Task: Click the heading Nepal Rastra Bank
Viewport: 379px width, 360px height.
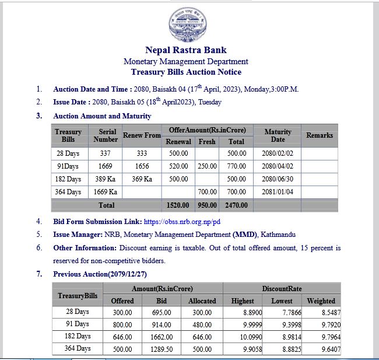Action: tap(186, 50)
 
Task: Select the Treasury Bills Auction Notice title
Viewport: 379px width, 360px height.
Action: tap(186, 72)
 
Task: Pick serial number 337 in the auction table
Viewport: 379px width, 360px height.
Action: tap(105, 154)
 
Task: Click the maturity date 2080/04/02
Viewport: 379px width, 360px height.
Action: tap(278, 166)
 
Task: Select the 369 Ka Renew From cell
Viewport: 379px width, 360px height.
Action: tap(141, 179)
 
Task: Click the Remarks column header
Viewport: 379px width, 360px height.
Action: tap(319, 135)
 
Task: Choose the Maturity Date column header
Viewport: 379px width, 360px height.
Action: tap(278, 135)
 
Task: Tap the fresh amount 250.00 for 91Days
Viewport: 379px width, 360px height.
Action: tap(206, 166)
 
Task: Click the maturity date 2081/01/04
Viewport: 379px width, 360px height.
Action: tap(278, 192)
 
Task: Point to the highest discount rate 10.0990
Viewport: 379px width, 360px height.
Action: tap(242, 337)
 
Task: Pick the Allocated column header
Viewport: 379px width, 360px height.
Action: tap(202, 301)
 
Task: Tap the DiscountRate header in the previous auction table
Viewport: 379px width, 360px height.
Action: tap(282, 289)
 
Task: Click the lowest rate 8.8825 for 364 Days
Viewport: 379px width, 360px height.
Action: tap(282, 349)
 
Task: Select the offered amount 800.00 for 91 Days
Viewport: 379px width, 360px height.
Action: tap(122, 324)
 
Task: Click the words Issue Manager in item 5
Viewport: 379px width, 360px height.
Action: tap(78, 235)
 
